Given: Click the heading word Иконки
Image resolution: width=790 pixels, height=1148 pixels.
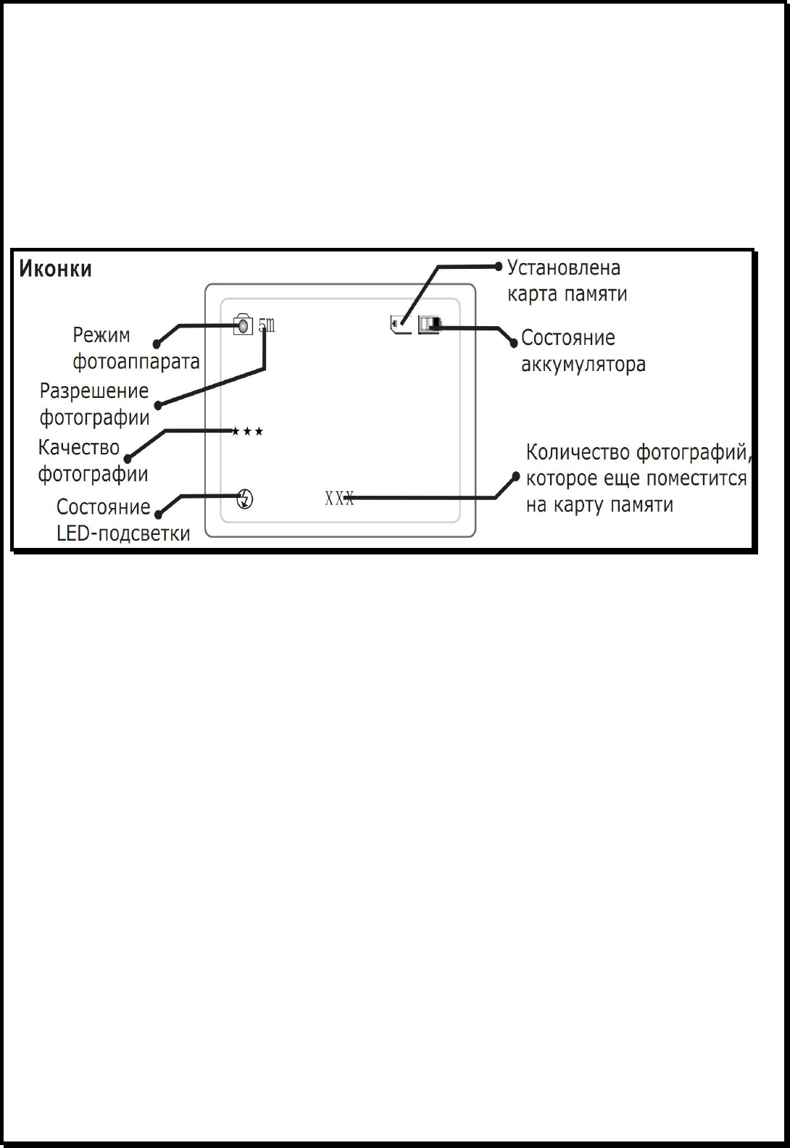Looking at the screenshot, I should (55, 270).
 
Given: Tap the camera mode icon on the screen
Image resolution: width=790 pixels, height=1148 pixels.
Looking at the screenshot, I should (243, 325).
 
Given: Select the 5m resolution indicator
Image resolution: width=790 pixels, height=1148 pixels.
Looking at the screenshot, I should (267, 325).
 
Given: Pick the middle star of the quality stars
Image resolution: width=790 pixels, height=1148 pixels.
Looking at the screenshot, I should (247, 432).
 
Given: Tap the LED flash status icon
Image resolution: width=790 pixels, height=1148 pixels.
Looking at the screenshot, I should (246, 499).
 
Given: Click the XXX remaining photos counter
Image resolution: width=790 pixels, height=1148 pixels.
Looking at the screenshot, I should (338, 498).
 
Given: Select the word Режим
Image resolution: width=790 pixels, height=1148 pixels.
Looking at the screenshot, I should (101, 336).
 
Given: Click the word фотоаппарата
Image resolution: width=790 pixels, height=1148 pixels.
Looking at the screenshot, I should (136, 361).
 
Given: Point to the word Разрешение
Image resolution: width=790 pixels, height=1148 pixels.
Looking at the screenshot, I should (94, 391).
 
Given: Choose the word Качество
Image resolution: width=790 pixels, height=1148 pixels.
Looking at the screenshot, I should (78, 448).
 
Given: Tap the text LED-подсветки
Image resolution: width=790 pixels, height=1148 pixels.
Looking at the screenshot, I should (123, 534).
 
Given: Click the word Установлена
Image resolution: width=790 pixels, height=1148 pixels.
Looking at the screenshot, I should (564, 267).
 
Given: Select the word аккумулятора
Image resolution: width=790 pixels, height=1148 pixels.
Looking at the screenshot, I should (583, 363).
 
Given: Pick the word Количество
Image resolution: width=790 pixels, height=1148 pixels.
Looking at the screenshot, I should (578, 453).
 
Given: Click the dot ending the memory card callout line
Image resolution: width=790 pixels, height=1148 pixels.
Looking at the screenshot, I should (498, 266).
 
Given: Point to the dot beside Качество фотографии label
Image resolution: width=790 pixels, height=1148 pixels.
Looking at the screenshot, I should (128, 458).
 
